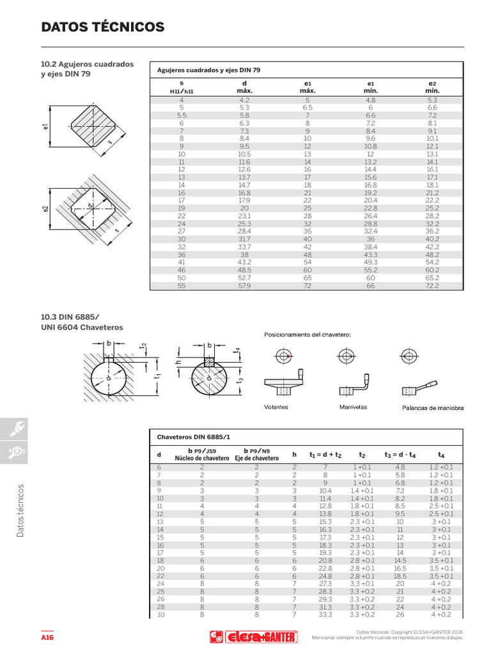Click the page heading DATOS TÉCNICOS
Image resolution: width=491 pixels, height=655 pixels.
tap(102, 27)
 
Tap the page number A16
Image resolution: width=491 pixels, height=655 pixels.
tap(47, 638)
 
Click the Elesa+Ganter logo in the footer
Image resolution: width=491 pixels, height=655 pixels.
tap(254, 637)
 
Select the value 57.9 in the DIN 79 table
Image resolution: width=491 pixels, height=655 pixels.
tap(244, 285)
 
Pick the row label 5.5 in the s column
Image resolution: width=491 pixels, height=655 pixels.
tap(182, 115)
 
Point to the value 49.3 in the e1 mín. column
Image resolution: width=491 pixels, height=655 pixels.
tap(371, 262)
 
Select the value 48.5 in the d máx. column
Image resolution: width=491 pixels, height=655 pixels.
tap(244, 270)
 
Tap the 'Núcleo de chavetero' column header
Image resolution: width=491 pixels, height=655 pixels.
tap(202, 458)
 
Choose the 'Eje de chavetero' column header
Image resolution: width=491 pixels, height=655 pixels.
tap(256, 458)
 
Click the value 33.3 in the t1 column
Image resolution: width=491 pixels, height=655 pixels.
tap(325, 615)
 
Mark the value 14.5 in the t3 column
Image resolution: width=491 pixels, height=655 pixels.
tap(400, 559)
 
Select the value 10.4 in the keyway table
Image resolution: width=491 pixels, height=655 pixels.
tap(325, 490)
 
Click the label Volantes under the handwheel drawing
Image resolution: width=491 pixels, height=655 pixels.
tap(276, 407)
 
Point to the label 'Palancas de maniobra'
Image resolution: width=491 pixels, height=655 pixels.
tap(432, 407)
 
